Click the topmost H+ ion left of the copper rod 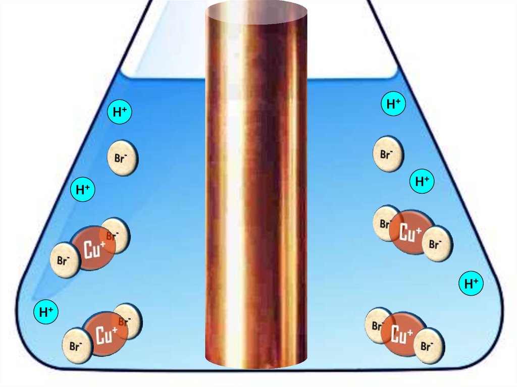120,113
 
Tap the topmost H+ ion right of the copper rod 393,104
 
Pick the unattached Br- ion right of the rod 388,154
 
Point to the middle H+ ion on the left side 83,190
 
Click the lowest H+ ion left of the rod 46,312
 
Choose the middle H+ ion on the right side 422,181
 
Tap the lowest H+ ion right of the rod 471,284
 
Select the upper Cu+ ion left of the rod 93,248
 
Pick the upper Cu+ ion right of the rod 411,233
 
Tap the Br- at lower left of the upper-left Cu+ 64,261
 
